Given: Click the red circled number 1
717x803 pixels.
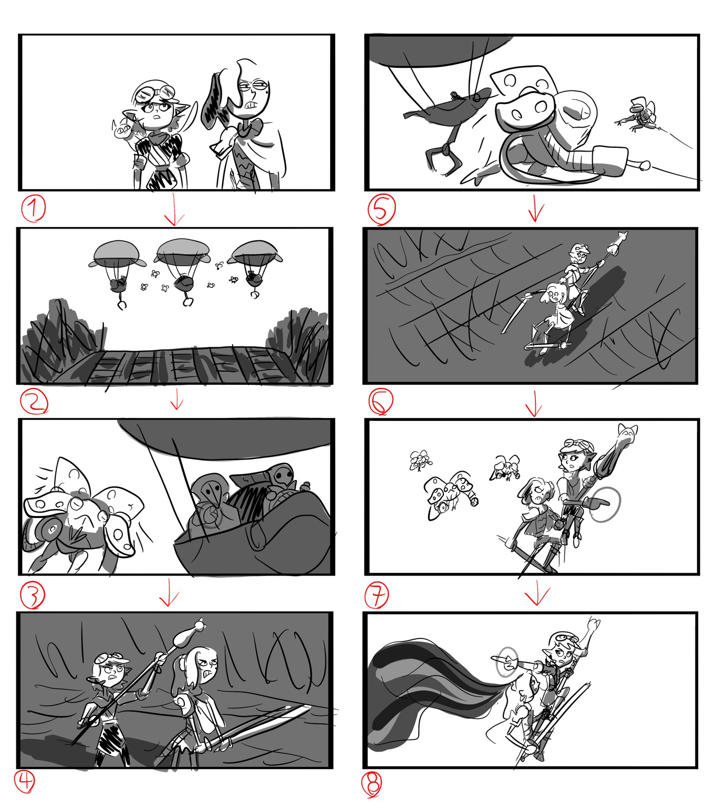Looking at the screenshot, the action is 33,209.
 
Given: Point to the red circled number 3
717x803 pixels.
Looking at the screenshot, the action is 32,594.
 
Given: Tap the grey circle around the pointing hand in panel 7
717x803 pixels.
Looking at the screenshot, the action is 605,505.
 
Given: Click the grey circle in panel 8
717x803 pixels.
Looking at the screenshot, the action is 507,661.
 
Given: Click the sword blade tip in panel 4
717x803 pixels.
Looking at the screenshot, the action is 308,708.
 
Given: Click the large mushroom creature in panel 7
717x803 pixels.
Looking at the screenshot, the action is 451,494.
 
